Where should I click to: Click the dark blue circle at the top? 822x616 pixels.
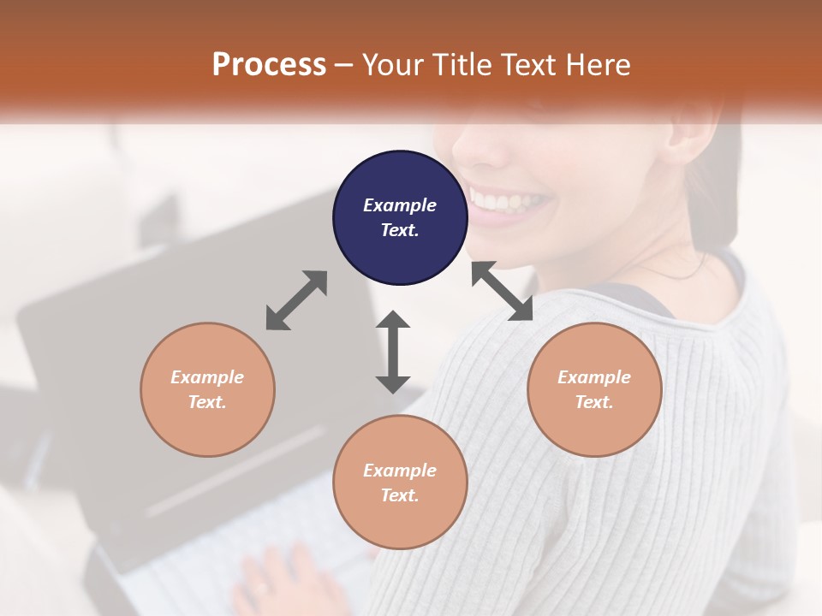(400, 218)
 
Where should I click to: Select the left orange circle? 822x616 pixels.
(207, 389)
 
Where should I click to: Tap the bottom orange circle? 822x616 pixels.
(400, 482)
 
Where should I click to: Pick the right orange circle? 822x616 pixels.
(594, 389)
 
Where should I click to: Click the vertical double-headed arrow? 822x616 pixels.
(393, 352)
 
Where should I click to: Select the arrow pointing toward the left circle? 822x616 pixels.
(296, 300)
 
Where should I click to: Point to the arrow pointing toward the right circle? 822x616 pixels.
(502, 291)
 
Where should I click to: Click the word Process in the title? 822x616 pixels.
(269, 64)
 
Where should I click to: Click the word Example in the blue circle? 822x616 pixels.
(400, 205)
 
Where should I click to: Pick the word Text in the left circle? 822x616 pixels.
(206, 402)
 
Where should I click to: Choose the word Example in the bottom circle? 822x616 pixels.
(400, 470)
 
